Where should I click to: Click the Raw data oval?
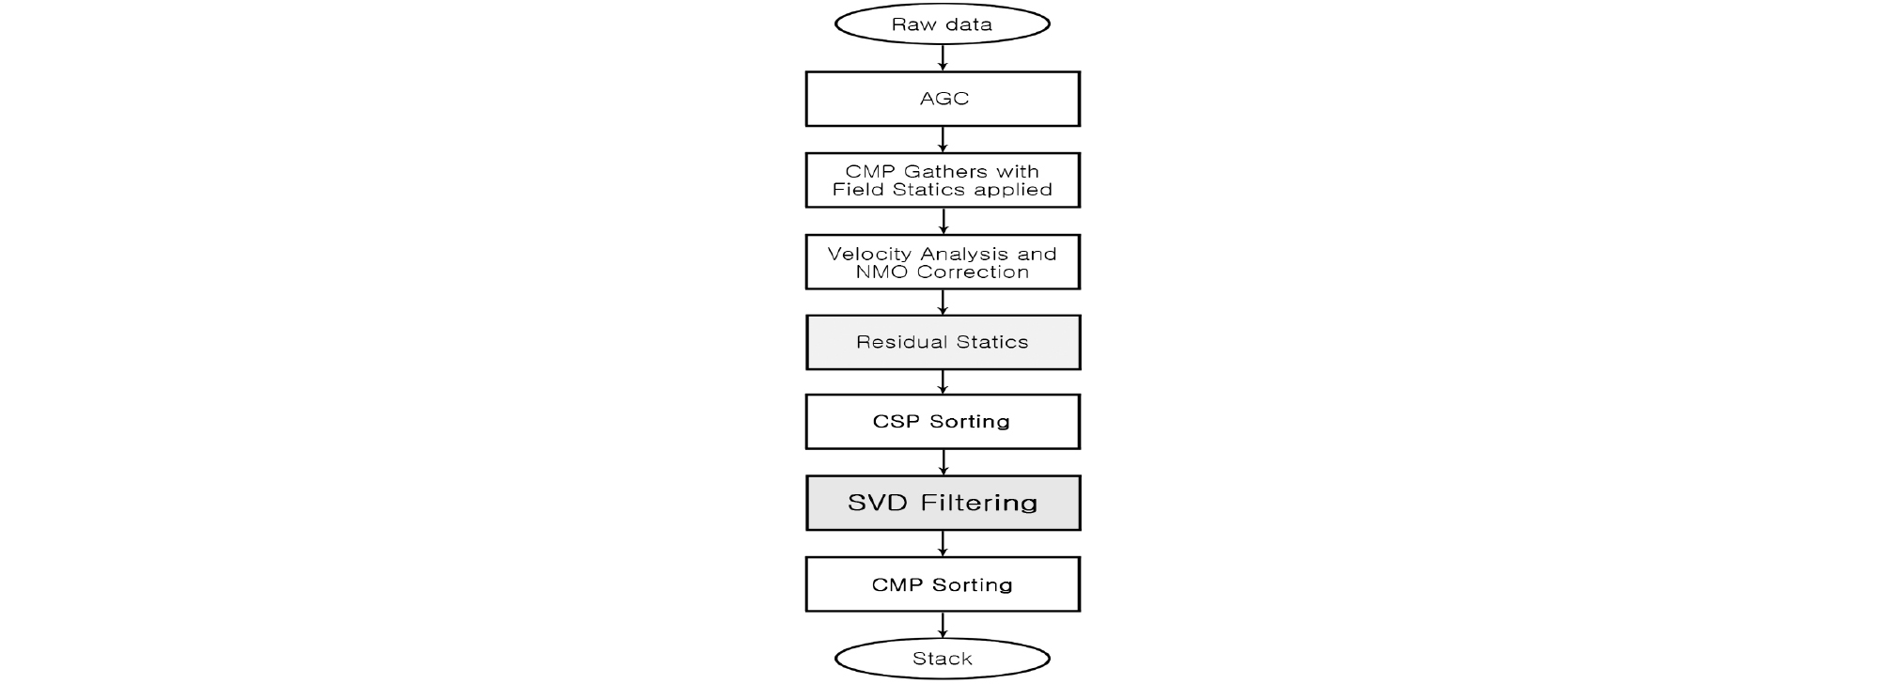coord(942,24)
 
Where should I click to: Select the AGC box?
coord(943,99)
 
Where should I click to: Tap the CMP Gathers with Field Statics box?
coord(943,180)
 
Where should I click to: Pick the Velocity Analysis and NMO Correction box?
coord(943,262)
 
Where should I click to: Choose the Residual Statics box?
coord(943,342)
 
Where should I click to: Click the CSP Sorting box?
coord(943,422)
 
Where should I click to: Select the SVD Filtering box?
coord(943,503)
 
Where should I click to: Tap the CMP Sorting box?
coord(943,584)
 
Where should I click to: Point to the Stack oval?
coord(942,659)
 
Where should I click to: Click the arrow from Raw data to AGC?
coord(943,57)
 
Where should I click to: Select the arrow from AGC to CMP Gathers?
coord(943,139)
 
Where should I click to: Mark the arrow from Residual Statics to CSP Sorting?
coord(943,381)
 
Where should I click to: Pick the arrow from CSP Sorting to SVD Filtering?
coord(943,462)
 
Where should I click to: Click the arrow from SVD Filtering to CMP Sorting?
coord(943,543)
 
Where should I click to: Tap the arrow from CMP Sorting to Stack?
coord(943,625)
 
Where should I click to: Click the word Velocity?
coord(863,254)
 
